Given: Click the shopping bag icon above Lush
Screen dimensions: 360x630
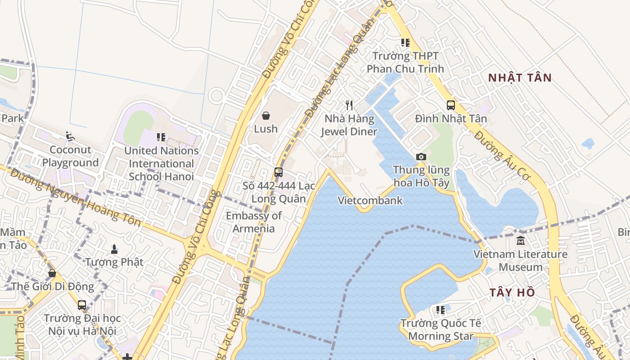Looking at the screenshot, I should coord(266,116).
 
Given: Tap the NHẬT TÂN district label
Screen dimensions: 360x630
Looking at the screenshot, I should coord(520,77).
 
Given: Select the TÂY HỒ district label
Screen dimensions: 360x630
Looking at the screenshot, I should coord(512,292).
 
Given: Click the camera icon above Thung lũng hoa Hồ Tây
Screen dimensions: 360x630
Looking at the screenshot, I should coord(421,157).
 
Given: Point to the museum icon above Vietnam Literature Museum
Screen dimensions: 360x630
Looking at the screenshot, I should coord(521,241).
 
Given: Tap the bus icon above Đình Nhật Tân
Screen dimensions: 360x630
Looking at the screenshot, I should coord(450,105).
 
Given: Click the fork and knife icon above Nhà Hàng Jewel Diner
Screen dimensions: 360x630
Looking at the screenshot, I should coord(349,105).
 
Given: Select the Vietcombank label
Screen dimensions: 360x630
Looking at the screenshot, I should coord(370,201).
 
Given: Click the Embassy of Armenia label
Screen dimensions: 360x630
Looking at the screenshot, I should coord(254,222).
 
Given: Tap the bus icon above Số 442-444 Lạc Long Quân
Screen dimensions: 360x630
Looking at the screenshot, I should coord(279,172).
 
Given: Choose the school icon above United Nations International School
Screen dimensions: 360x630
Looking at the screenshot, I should coord(161,137).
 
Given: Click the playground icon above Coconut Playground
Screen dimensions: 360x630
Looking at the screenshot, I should coord(70,136).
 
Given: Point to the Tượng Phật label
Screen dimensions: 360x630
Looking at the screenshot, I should coord(114,262).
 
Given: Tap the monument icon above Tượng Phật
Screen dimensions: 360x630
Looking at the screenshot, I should coord(114,248).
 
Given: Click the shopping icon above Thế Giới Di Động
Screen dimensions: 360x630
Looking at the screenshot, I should coord(52,273).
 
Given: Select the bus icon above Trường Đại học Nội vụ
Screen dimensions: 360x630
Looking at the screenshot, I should coord(81,305).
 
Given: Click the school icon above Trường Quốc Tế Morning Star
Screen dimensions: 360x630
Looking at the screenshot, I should coord(440,310).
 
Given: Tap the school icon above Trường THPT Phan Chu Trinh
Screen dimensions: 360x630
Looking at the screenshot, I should coord(405,43).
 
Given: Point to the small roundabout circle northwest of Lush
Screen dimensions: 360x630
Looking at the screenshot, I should coord(217,96).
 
